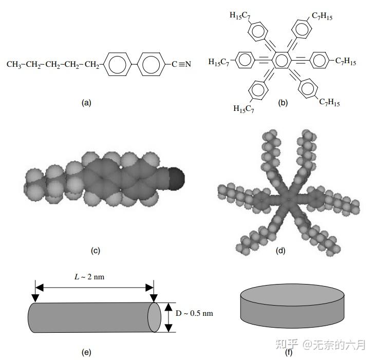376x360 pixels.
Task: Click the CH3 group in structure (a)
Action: point(14,65)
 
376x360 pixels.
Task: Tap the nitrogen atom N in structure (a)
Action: point(187,64)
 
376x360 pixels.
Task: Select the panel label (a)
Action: point(86,102)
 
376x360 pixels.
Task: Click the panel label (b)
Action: point(283,102)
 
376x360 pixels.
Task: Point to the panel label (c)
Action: point(95,251)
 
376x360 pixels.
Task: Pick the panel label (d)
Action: point(280,251)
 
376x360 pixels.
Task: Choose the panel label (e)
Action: point(86,352)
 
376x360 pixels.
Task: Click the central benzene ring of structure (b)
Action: point(280,62)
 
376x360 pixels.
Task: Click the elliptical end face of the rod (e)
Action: point(154,317)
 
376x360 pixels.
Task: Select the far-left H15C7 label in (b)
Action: point(219,62)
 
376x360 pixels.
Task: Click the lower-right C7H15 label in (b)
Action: point(329,103)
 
